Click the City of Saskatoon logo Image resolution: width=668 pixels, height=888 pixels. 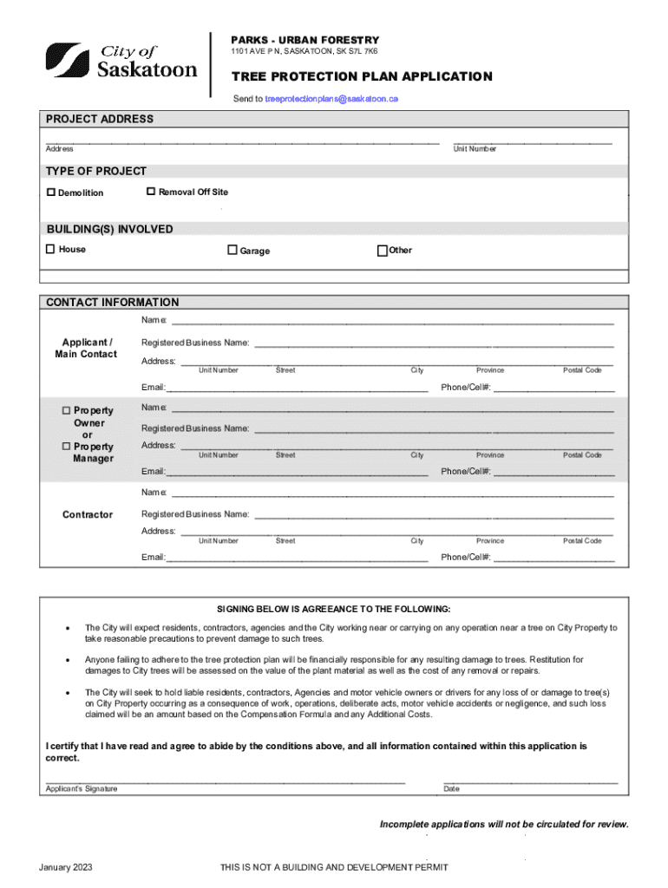point(121,60)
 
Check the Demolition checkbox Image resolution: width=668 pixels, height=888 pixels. point(51,192)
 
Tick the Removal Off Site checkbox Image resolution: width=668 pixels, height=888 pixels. point(151,191)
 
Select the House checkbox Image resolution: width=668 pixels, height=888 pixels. point(50,249)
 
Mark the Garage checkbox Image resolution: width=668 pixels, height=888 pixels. point(232,250)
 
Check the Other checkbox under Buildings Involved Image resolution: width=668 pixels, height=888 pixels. point(382,251)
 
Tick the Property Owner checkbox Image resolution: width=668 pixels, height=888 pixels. point(67,410)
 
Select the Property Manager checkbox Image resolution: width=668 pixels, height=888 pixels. point(67,446)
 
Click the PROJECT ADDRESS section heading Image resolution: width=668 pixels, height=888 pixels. point(100,119)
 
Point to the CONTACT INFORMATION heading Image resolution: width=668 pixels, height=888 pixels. point(112,303)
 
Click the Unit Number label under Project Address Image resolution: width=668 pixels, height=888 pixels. point(475,149)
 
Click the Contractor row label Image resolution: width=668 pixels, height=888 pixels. point(87,515)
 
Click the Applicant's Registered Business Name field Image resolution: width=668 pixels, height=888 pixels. point(434,344)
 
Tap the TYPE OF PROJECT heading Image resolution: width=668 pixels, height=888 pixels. point(96,171)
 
